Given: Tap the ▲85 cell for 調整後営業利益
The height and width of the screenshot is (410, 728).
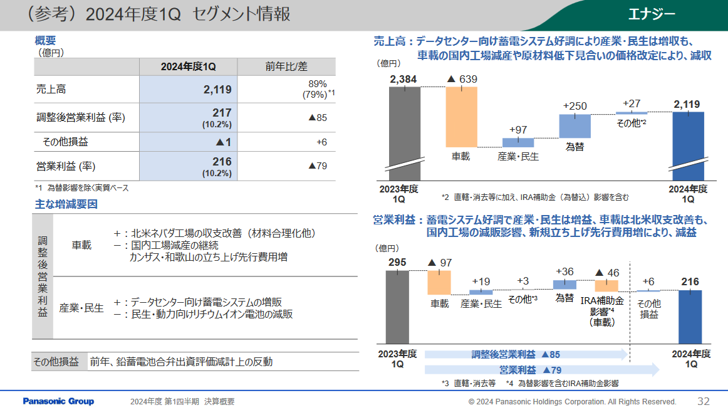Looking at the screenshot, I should [318, 117].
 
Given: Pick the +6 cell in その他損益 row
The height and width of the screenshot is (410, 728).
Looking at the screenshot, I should [321, 142].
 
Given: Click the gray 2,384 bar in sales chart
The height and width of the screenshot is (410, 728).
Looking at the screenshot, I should [405, 129].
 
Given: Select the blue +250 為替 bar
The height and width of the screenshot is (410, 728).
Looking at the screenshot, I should [575, 125].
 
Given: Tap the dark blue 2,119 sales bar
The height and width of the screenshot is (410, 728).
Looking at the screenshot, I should [688, 141].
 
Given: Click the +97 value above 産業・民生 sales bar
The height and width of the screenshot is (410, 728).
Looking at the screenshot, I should [518, 130].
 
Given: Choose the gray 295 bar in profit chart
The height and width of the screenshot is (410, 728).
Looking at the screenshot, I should [397, 307].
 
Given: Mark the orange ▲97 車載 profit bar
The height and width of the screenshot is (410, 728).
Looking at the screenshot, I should [439, 282].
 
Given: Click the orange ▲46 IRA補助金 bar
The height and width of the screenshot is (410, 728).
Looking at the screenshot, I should [606, 286].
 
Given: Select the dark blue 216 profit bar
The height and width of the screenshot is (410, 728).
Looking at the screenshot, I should [690, 317].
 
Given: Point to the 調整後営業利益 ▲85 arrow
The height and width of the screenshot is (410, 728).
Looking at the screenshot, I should [525, 355].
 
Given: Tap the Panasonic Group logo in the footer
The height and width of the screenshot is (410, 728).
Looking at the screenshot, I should [58, 401].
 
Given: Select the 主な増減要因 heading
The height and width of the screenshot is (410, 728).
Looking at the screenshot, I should [66, 204].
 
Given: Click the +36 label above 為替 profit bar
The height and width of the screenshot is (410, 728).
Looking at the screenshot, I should [564, 271].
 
